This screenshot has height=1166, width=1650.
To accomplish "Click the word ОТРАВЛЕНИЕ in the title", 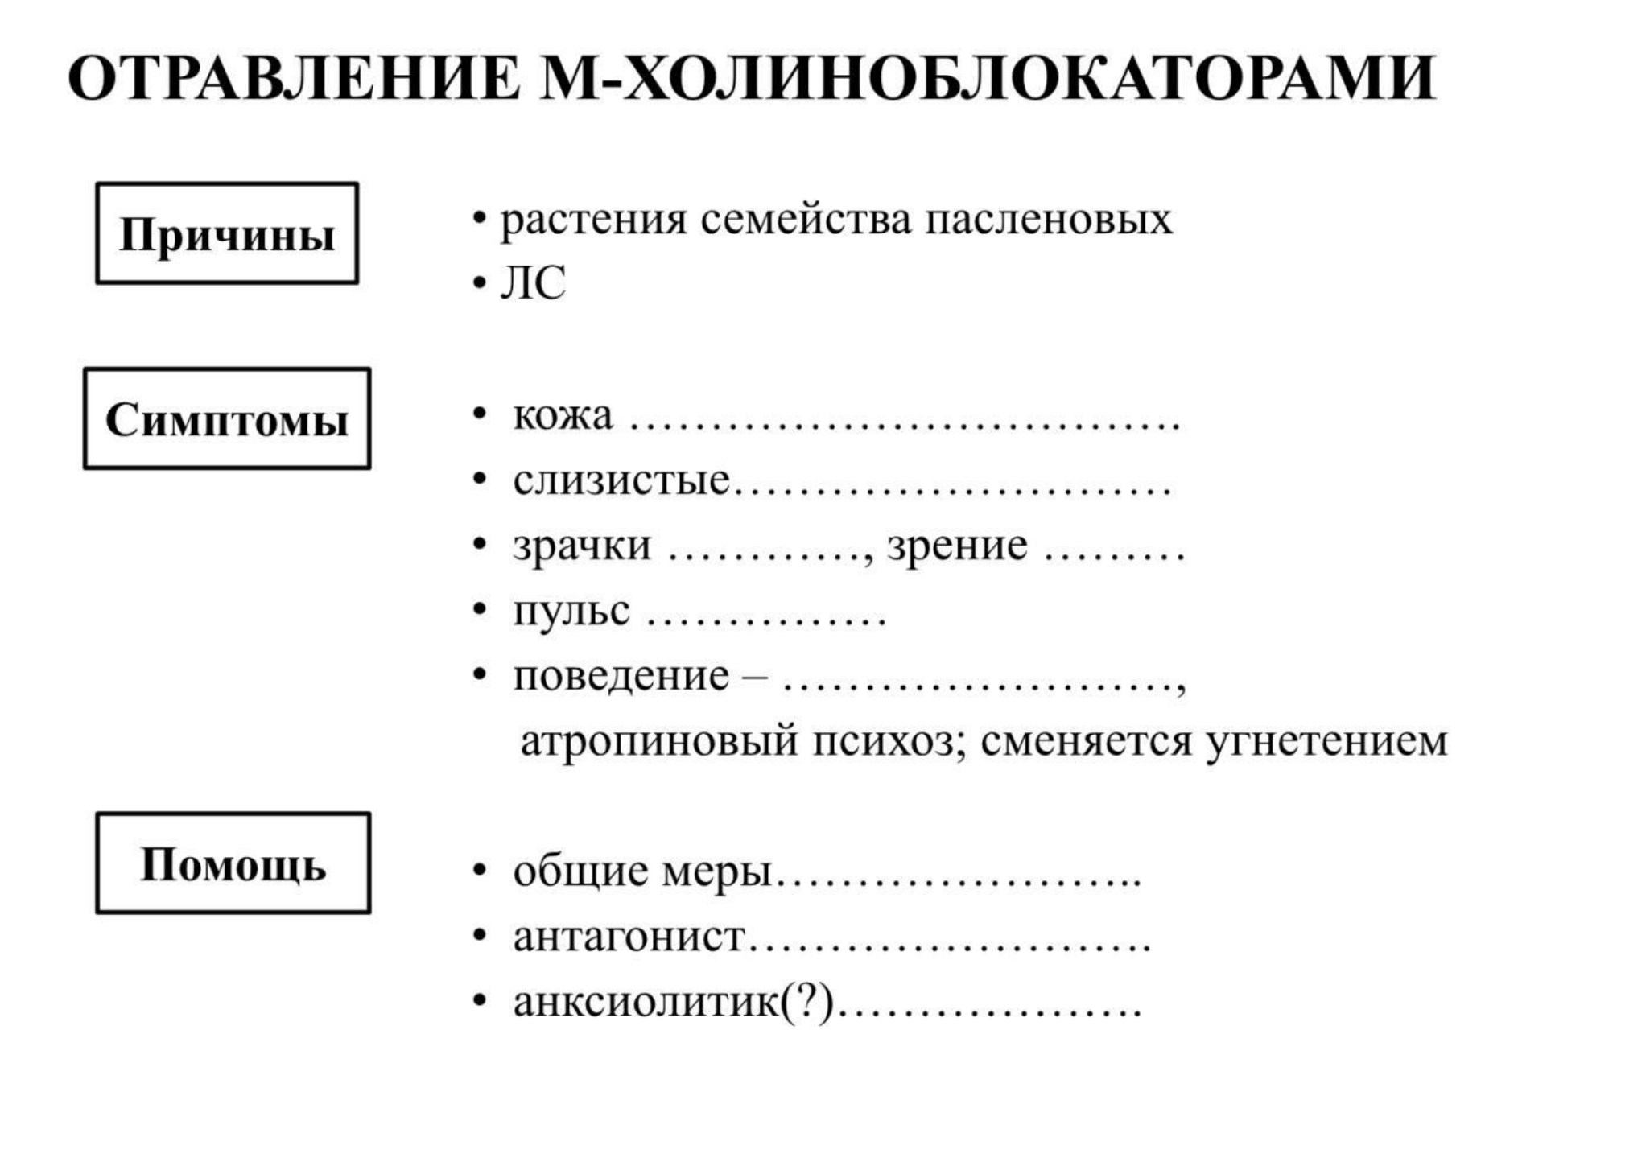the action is (x=295, y=78).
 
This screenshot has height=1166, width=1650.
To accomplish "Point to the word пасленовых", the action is (x=1048, y=220).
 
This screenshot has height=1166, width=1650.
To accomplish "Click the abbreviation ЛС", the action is (x=533, y=282).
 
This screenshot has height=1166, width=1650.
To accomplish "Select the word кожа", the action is (x=563, y=415).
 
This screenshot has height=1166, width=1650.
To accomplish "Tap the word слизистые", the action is (x=621, y=480).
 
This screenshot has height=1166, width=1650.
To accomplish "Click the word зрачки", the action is (x=582, y=546).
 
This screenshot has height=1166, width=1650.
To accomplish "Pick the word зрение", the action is (x=957, y=546).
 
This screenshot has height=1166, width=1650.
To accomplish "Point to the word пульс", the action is (x=571, y=612).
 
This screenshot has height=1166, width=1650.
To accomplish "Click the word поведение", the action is (x=621, y=677).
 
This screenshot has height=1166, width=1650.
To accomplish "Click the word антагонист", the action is (x=629, y=937).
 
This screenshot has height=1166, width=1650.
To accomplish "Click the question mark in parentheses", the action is (x=807, y=1002).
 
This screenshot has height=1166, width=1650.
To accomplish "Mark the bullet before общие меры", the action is (x=480, y=871).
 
